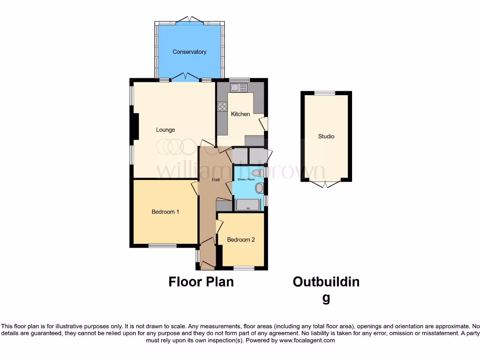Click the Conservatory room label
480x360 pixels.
189,52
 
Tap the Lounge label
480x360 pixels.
165,130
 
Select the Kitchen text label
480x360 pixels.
240,114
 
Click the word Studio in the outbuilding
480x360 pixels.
326,136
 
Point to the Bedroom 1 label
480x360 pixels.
165,212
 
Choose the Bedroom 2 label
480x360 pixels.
241,240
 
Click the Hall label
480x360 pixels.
216,180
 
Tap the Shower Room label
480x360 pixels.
245,180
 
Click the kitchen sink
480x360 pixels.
239,87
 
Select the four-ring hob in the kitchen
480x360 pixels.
222,106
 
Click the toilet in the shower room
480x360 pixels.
257,173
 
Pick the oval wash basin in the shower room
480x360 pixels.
259,188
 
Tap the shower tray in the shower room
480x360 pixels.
247,205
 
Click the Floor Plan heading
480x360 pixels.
201,282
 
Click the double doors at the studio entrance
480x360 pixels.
326,184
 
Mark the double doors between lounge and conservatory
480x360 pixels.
186,76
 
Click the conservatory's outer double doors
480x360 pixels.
189,20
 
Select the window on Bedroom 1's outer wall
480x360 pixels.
163,246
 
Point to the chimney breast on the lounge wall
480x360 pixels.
135,127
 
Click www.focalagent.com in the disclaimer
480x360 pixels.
307,340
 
